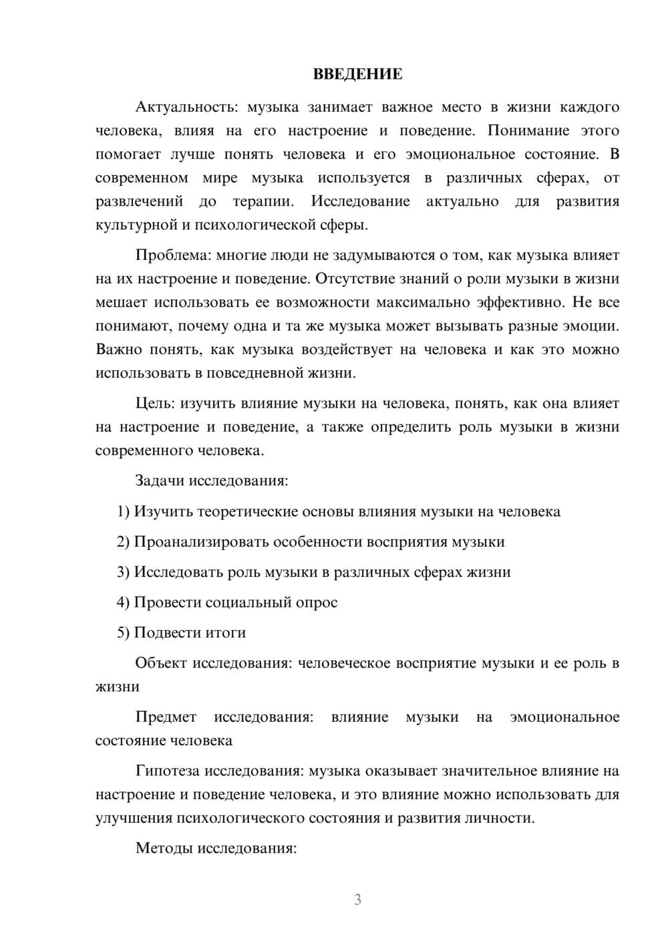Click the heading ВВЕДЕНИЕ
(x=357, y=74)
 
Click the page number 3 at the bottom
(x=357, y=900)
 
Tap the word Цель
(x=155, y=404)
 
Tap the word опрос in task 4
(x=316, y=602)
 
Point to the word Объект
(x=161, y=663)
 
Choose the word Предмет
(x=166, y=717)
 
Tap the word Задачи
(x=160, y=481)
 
